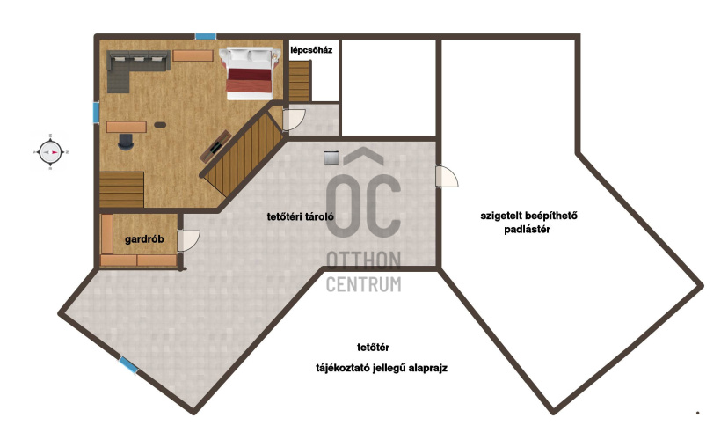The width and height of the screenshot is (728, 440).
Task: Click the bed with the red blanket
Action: (249, 73)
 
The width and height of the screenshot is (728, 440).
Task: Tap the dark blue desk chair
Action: (126, 142)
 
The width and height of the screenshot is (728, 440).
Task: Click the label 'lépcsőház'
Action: (311, 50)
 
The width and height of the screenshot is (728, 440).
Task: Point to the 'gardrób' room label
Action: (144, 239)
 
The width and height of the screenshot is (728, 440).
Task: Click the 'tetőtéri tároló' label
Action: (300, 216)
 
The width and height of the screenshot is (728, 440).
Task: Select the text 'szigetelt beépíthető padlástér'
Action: (528, 223)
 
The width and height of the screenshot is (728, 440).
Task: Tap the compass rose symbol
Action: (50, 152)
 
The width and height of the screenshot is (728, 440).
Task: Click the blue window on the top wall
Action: (205, 36)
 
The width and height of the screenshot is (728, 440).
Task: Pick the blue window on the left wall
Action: (96, 113)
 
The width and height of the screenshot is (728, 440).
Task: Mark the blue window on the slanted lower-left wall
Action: (128, 364)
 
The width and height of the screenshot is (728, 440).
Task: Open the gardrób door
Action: (188, 240)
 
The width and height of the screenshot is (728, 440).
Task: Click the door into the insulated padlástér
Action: (446, 177)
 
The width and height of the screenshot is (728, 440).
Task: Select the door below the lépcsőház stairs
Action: (294, 120)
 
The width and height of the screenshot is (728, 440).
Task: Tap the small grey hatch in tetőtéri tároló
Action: (331, 158)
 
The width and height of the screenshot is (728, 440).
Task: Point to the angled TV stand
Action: (215, 146)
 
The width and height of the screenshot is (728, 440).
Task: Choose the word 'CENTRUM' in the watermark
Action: (363, 284)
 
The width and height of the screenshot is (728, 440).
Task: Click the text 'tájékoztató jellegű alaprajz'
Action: (382, 369)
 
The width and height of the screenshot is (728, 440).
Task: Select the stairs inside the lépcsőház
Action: (300, 81)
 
